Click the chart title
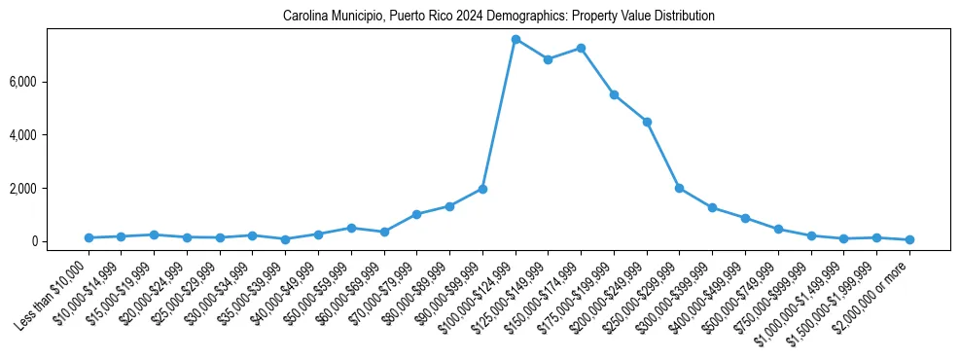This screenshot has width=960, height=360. [x=498, y=17]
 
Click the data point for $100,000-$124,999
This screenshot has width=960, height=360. [x=516, y=39]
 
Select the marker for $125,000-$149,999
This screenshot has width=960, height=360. [x=549, y=59]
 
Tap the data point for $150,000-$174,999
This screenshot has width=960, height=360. [x=581, y=48]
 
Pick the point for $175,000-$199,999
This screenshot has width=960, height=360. [x=614, y=94]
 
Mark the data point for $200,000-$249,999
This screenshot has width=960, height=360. [x=647, y=122]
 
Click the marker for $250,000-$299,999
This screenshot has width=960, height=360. [x=680, y=188]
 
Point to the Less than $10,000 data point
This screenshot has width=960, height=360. [x=89, y=237]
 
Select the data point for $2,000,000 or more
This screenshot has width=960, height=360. [x=909, y=239]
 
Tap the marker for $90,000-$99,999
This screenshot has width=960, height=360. [x=482, y=189]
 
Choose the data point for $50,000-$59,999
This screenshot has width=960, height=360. [x=351, y=228]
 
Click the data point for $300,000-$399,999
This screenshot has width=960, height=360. [x=712, y=207]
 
